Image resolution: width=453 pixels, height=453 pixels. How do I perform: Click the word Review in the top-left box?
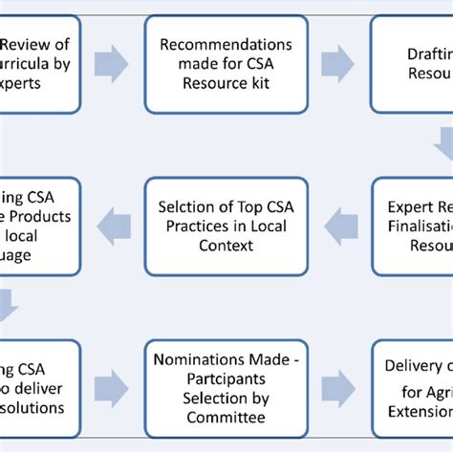click(22, 44)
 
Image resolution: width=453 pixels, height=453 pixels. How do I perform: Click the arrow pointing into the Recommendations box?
click(114, 62)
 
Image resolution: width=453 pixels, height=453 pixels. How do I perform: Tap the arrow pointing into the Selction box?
click(339, 226)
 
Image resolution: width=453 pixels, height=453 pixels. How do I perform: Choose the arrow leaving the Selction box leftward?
click(114, 226)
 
